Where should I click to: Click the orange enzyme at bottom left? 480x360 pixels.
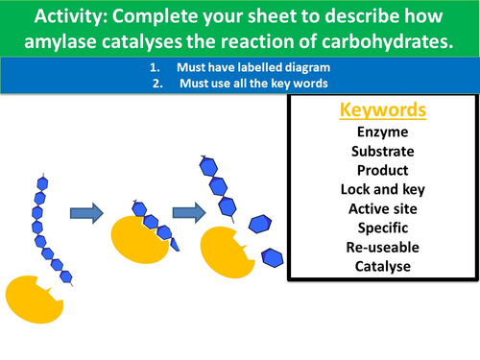click(x=37, y=301)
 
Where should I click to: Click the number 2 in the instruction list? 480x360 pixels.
click(x=155, y=83)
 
